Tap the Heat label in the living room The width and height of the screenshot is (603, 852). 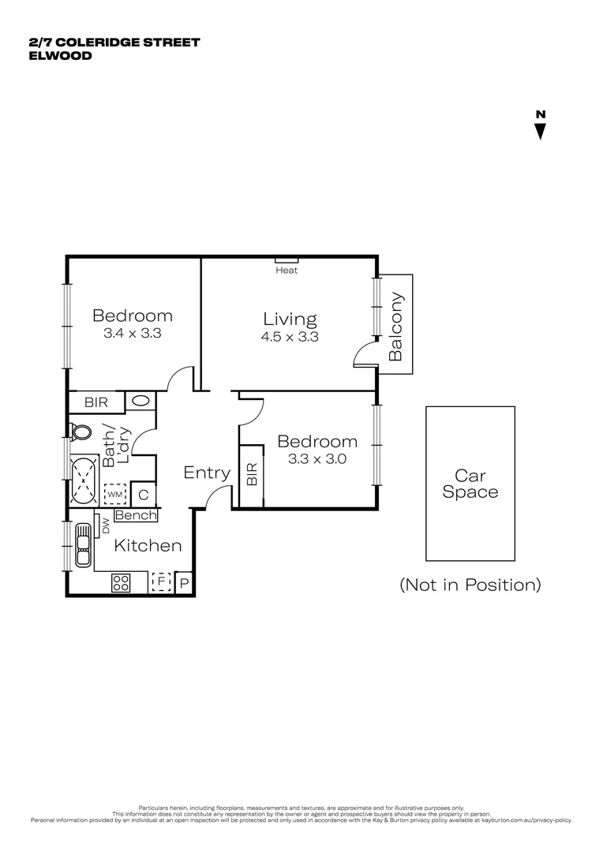[x=287, y=271]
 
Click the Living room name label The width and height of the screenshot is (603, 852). [x=290, y=319]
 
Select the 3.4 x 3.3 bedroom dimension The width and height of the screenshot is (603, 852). [x=133, y=334]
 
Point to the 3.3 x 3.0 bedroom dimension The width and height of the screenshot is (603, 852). [x=317, y=458]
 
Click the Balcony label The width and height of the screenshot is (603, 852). [x=396, y=327]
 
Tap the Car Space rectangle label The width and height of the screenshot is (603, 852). [x=470, y=484]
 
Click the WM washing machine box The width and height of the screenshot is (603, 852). [x=115, y=494]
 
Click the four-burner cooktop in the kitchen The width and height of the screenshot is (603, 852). [x=121, y=583]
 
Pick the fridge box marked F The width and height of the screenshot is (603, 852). [x=161, y=583]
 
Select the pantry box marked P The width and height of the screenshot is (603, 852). [x=185, y=584]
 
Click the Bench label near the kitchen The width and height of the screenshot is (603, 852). [x=136, y=516]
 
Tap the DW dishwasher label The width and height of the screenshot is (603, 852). [x=105, y=526]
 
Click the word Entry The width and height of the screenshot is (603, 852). [x=207, y=473]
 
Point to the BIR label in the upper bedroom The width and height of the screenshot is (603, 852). [x=96, y=402]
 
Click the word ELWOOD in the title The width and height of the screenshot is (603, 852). [x=60, y=56]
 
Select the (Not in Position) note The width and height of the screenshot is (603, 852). [x=470, y=585]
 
